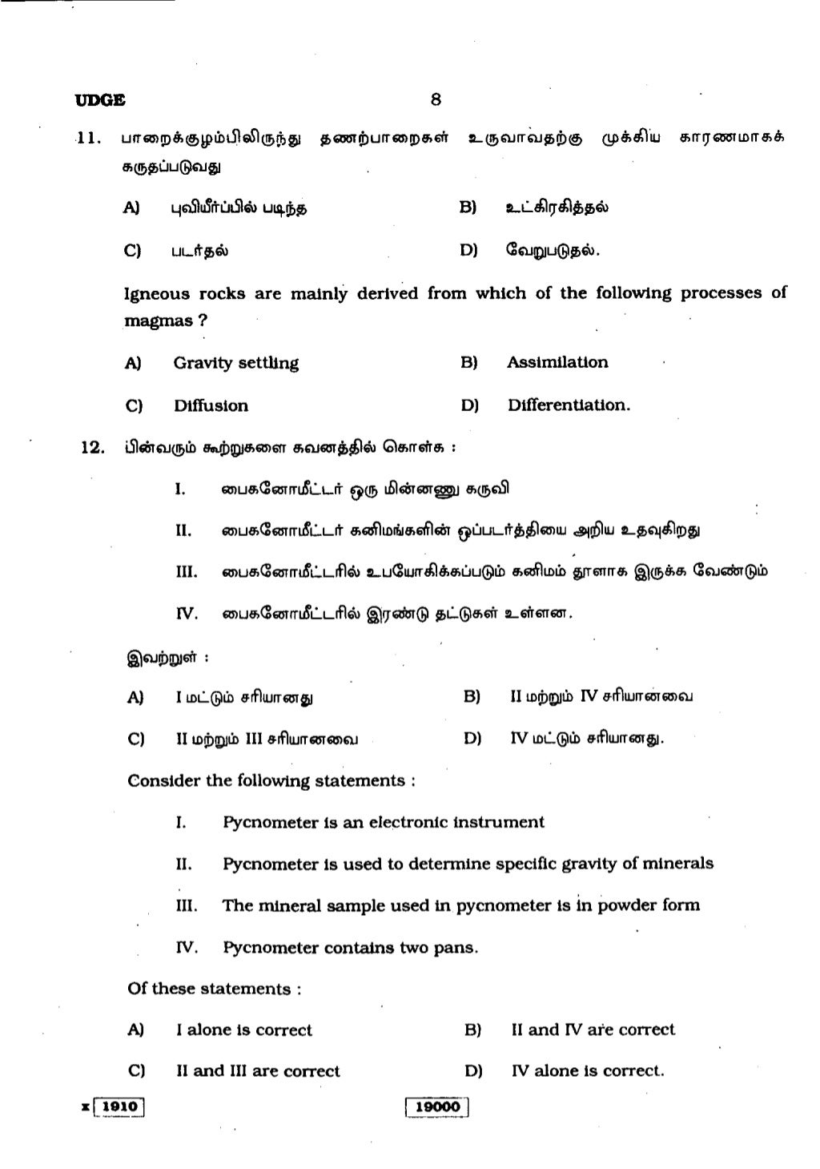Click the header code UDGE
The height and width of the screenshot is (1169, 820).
tap(100, 101)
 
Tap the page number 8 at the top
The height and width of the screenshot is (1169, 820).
tap(435, 100)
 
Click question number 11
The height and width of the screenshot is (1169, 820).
tap(88, 138)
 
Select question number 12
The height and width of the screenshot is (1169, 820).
tap(93, 447)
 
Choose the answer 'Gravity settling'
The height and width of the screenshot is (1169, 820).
tap(235, 363)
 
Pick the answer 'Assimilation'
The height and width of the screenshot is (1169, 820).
tap(557, 362)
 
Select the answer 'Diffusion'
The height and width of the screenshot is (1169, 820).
tap(211, 405)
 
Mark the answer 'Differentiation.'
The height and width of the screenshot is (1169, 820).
tap(569, 405)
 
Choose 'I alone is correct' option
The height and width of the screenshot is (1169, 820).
tap(243, 1030)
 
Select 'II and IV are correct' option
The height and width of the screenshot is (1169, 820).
tap(593, 1030)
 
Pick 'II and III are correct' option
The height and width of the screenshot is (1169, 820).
tap(258, 1071)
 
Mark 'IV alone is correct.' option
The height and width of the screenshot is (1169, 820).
tap(587, 1071)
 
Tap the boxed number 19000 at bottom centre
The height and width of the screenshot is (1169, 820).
tap(436, 1107)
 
